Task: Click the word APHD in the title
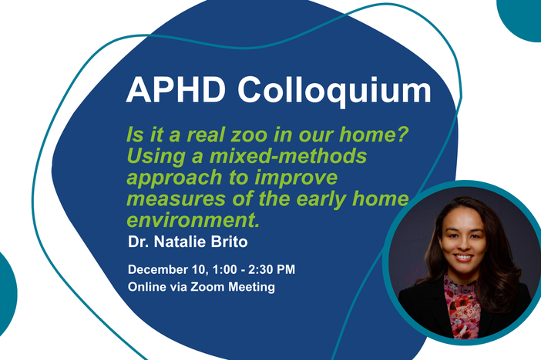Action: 176,91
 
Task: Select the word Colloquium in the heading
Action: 334,91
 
